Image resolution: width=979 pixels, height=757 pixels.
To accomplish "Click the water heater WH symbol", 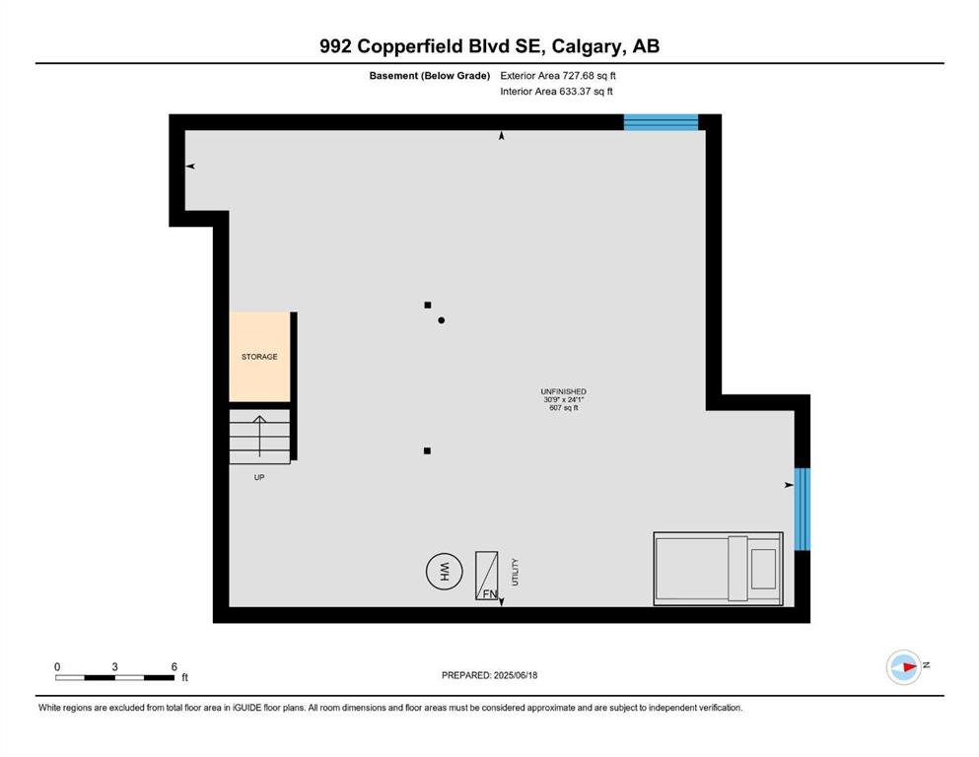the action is click(x=444, y=571).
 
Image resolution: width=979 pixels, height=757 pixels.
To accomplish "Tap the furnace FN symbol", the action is click(x=487, y=576).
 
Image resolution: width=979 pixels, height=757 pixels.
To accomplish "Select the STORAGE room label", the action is click(x=259, y=357).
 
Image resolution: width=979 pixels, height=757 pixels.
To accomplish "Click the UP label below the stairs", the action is click(x=259, y=477).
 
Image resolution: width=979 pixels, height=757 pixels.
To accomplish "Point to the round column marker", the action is click(x=442, y=320).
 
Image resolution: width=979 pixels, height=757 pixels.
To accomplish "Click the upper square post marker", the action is click(x=428, y=306).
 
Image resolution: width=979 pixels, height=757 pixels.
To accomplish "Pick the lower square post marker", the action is click(x=427, y=450).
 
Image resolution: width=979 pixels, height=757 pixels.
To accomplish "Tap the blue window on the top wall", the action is click(x=661, y=121).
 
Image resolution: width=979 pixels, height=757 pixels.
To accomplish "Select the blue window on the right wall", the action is click(x=803, y=510).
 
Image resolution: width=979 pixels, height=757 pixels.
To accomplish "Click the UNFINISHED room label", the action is click(x=563, y=392).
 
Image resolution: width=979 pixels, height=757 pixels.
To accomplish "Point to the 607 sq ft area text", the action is click(x=563, y=408).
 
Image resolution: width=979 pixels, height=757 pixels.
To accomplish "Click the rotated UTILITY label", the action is click(x=515, y=572).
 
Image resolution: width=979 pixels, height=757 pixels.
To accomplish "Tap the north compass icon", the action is click(x=904, y=667).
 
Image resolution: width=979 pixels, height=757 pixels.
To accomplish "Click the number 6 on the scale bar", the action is click(x=175, y=666).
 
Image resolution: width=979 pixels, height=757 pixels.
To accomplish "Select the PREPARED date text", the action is click(x=489, y=675).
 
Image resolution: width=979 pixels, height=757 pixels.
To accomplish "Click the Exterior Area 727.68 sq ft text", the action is click(x=558, y=76).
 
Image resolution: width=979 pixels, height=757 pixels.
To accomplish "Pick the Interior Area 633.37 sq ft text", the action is click(x=556, y=91).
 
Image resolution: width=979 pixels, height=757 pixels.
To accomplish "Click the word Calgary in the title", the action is click(x=587, y=46).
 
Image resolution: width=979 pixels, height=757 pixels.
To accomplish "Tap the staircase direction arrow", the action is click(x=259, y=436).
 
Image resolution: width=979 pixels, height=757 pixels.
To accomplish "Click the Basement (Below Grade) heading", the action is click(x=430, y=76).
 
